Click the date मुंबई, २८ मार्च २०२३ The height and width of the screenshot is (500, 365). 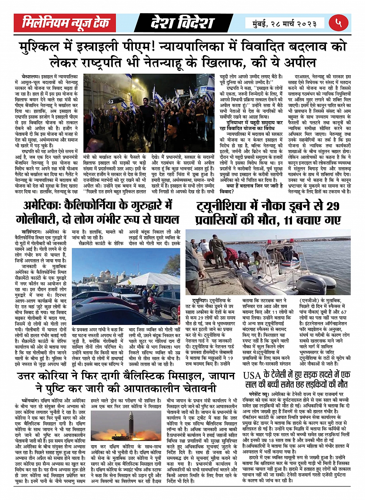click(x=285, y=23)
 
